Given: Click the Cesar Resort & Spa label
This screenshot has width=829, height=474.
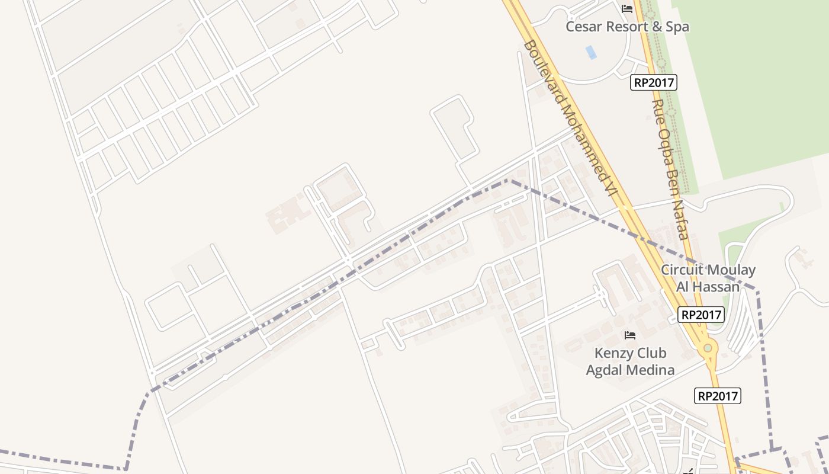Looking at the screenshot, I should [x=627, y=27].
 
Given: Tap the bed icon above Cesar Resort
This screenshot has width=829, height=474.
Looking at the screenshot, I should [x=627, y=9].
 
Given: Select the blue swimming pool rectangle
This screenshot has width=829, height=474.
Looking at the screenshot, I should [x=591, y=52].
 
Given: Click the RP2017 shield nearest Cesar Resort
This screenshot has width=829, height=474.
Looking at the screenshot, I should [x=654, y=82].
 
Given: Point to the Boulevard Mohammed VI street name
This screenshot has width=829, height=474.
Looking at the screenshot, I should [x=570, y=118].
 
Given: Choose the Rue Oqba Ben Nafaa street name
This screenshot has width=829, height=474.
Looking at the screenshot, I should [x=669, y=169].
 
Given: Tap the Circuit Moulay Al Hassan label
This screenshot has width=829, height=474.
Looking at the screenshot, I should [x=708, y=278].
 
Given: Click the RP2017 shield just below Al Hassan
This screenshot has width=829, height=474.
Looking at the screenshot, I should [x=702, y=315].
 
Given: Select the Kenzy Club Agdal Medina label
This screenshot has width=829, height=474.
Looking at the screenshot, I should [x=630, y=361].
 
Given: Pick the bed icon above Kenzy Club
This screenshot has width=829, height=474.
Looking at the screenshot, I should [x=630, y=335].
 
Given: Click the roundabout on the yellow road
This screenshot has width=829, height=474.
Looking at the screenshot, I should [x=708, y=348].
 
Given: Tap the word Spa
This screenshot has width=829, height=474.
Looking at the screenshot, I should [x=677, y=27].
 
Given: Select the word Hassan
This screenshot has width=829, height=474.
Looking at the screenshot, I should [x=717, y=287].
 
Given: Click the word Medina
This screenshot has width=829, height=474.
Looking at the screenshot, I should [x=650, y=370].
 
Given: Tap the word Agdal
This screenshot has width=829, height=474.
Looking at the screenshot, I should [x=605, y=370].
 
